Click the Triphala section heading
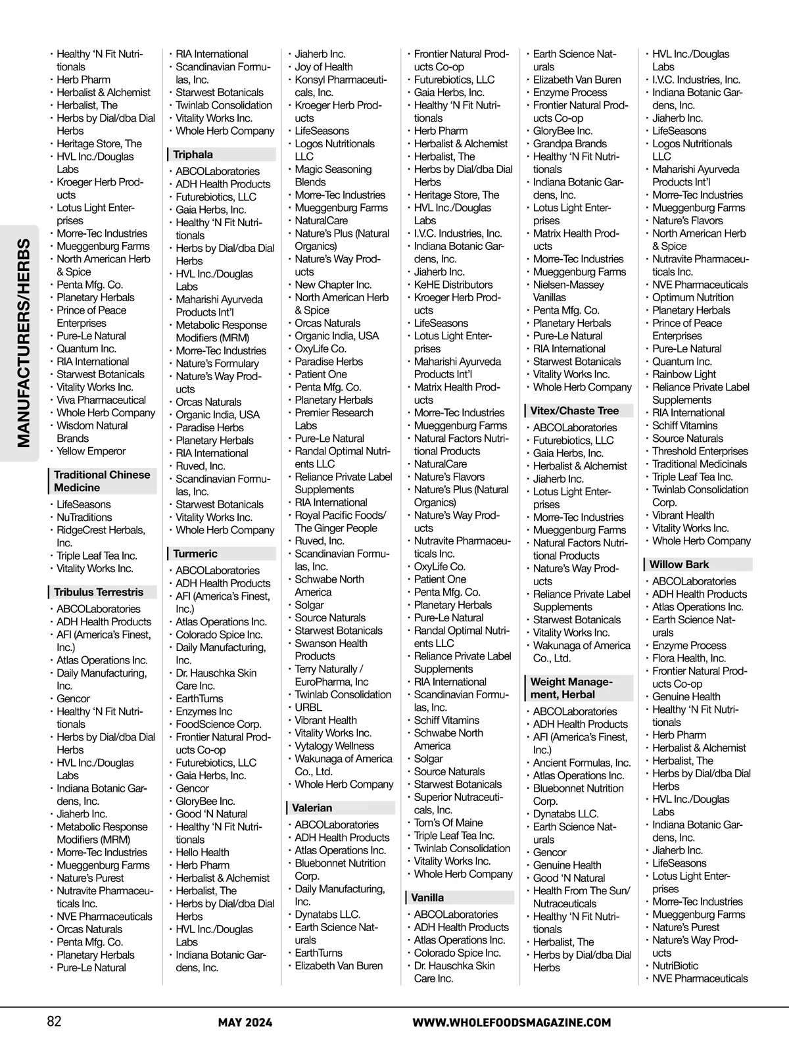point(193,155)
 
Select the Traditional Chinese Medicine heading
point(102,481)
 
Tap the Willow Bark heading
point(679,564)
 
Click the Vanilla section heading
point(427,898)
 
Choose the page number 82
point(54,1021)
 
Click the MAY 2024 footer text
point(245,1022)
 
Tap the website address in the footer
point(512,1022)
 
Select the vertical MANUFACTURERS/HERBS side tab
point(24,343)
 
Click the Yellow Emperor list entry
point(91,451)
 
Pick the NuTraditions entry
point(84,517)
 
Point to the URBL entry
point(308,708)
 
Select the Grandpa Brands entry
point(569,144)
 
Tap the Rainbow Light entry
point(684,374)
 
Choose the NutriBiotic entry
point(675,966)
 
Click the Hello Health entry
point(203,852)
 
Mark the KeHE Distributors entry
point(453,285)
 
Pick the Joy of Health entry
point(323,67)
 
